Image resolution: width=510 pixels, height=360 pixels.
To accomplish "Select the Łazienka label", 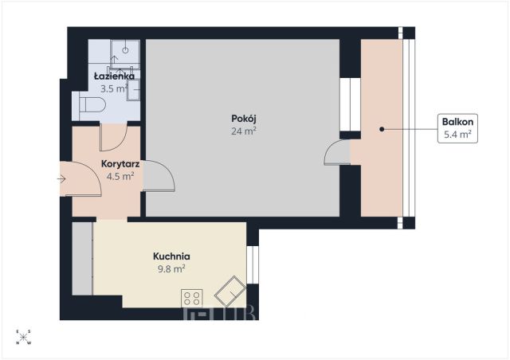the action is click(x=114, y=76).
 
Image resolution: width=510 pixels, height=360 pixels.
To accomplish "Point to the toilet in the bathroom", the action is click(x=92, y=104).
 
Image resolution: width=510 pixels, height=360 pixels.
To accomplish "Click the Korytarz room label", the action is click(x=120, y=163).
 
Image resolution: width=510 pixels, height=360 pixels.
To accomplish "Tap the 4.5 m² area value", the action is click(x=120, y=176).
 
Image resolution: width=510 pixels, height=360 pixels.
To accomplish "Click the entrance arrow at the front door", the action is click(x=62, y=179).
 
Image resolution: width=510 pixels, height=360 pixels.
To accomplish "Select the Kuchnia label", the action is click(x=171, y=256).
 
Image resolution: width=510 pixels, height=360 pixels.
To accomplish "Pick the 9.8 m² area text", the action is click(x=171, y=269).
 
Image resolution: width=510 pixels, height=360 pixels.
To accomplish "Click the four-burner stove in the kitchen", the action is click(x=192, y=298).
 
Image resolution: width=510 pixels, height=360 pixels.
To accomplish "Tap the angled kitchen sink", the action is click(x=230, y=292).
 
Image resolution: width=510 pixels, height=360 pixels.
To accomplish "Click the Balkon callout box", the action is click(x=457, y=128).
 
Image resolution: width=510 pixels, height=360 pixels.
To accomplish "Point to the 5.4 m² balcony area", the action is click(x=457, y=134).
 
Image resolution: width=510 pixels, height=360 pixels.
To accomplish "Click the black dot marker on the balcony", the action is click(x=382, y=129).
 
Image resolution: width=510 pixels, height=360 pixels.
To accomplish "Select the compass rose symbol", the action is click(x=23, y=337).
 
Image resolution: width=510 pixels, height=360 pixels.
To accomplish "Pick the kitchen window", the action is click(x=253, y=264).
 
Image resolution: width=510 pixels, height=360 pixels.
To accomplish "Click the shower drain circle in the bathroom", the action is click(x=125, y=50).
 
